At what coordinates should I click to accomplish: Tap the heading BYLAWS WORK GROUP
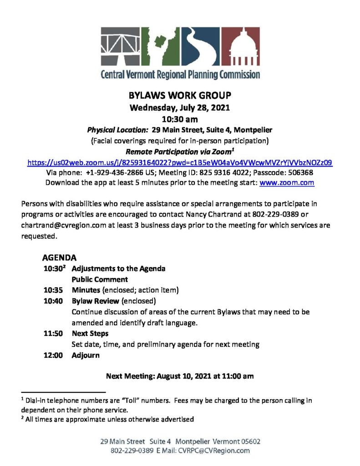tap(180, 96)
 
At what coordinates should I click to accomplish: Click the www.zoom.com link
tap(287, 182)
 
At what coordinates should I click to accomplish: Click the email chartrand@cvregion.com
tap(57, 225)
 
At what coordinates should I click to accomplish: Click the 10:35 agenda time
tap(53, 290)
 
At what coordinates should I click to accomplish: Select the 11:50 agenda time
tap(53, 334)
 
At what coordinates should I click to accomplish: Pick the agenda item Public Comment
tap(100, 279)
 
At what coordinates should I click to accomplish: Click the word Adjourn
tap(86, 355)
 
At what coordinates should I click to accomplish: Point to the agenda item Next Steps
tap(90, 334)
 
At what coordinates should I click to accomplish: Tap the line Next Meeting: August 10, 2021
tap(180, 376)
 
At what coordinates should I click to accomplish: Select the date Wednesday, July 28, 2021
tap(180, 108)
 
